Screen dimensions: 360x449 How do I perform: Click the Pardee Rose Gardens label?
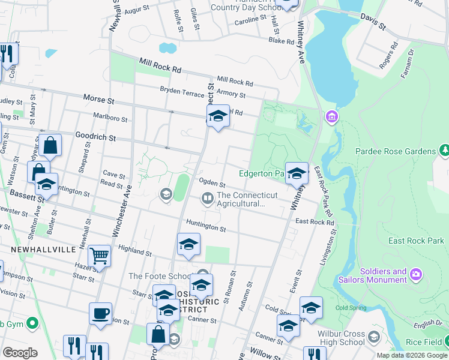point(396,152)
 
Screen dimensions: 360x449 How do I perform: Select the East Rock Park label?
point(416,241)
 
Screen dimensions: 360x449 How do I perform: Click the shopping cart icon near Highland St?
point(100,256)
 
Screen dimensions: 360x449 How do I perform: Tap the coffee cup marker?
point(100,313)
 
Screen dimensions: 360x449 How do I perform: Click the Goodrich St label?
point(95,137)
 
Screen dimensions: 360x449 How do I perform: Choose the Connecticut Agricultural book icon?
point(208,197)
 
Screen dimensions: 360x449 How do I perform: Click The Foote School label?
point(153,276)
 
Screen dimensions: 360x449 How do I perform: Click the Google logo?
point(20,353)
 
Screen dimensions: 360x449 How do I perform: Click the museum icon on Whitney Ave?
point(330,115)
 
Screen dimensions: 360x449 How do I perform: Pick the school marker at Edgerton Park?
point(297,173)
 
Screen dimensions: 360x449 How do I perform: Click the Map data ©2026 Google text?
point(411,355)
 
